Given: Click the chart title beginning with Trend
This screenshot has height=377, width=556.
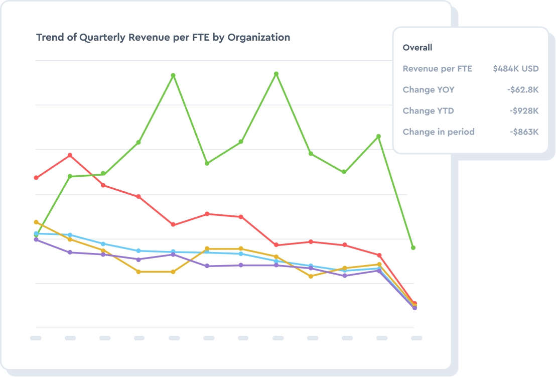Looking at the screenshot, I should (x=163, y=38).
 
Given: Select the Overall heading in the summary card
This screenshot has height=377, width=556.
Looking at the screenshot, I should (x=418, y=48).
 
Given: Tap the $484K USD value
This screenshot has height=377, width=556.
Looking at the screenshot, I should (x=515, y=69).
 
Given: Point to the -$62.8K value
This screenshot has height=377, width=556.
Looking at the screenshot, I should (x=522, y=90).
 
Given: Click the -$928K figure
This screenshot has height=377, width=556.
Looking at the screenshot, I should (x=524, y=111).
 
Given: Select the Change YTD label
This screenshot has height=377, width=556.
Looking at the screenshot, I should (x=428, y=111).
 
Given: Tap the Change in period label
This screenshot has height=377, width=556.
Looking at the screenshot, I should (x=439, y=132).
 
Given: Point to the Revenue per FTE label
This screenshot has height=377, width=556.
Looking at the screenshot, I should (x=438, y=69).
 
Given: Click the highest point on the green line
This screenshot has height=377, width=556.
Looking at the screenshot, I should (x=276, y=74).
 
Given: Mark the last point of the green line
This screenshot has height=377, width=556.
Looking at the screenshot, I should (x=413, y=247).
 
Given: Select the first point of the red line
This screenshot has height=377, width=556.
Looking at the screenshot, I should (x=36, y=178).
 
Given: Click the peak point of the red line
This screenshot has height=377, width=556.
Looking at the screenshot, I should (x=70, y=155).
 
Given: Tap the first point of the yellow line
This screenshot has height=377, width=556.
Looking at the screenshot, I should (x=36, y=222).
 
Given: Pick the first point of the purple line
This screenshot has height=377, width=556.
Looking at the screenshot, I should (x=36, y=239).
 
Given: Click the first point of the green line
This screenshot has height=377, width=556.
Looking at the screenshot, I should (x=36, y=235).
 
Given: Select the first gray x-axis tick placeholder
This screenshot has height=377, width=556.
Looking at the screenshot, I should (x=36, y=338).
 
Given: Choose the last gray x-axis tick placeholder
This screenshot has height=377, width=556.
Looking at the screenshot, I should (x=416, y=338).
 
